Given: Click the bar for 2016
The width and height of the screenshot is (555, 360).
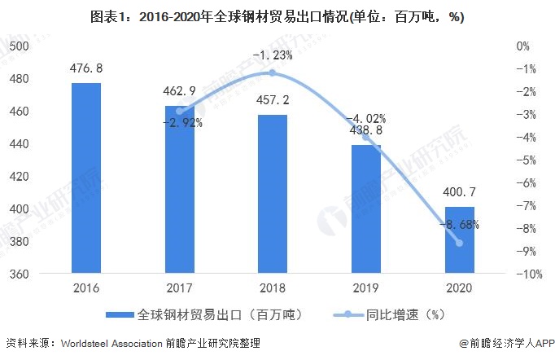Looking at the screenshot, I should tap(86, 178).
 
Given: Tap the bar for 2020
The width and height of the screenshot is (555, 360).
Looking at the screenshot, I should tap(459, 240).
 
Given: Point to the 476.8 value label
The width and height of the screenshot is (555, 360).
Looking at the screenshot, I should tap(86, 68).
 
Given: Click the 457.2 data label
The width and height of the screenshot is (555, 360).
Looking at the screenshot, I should tap(273, 100).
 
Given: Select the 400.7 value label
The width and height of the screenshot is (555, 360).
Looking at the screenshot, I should tap(459, 193).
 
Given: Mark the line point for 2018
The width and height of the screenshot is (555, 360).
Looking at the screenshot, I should tap(273, 73).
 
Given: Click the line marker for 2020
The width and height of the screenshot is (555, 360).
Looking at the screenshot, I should tap(459, 243).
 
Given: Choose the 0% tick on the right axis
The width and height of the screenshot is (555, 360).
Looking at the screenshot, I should tap(523, 46).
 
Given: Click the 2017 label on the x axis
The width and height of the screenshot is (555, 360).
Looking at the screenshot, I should tap(180, 288).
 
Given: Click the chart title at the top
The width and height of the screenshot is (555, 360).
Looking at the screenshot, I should tap(277, 15).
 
